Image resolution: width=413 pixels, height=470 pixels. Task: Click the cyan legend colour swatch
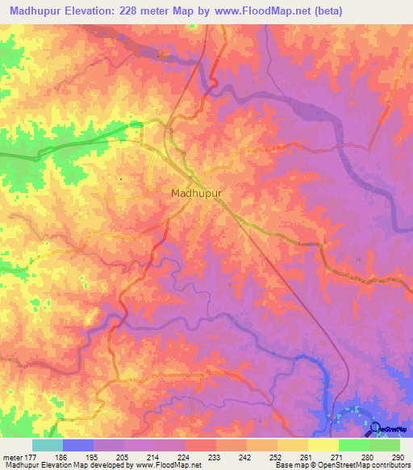pos(48,445)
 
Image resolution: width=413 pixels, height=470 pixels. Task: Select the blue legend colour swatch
pos(78,445)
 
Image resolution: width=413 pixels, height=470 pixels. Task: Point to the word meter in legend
pos(12,456)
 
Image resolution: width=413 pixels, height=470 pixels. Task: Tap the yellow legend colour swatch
pos(323,445)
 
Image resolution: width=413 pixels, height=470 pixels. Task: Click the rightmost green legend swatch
pos(385,445)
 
